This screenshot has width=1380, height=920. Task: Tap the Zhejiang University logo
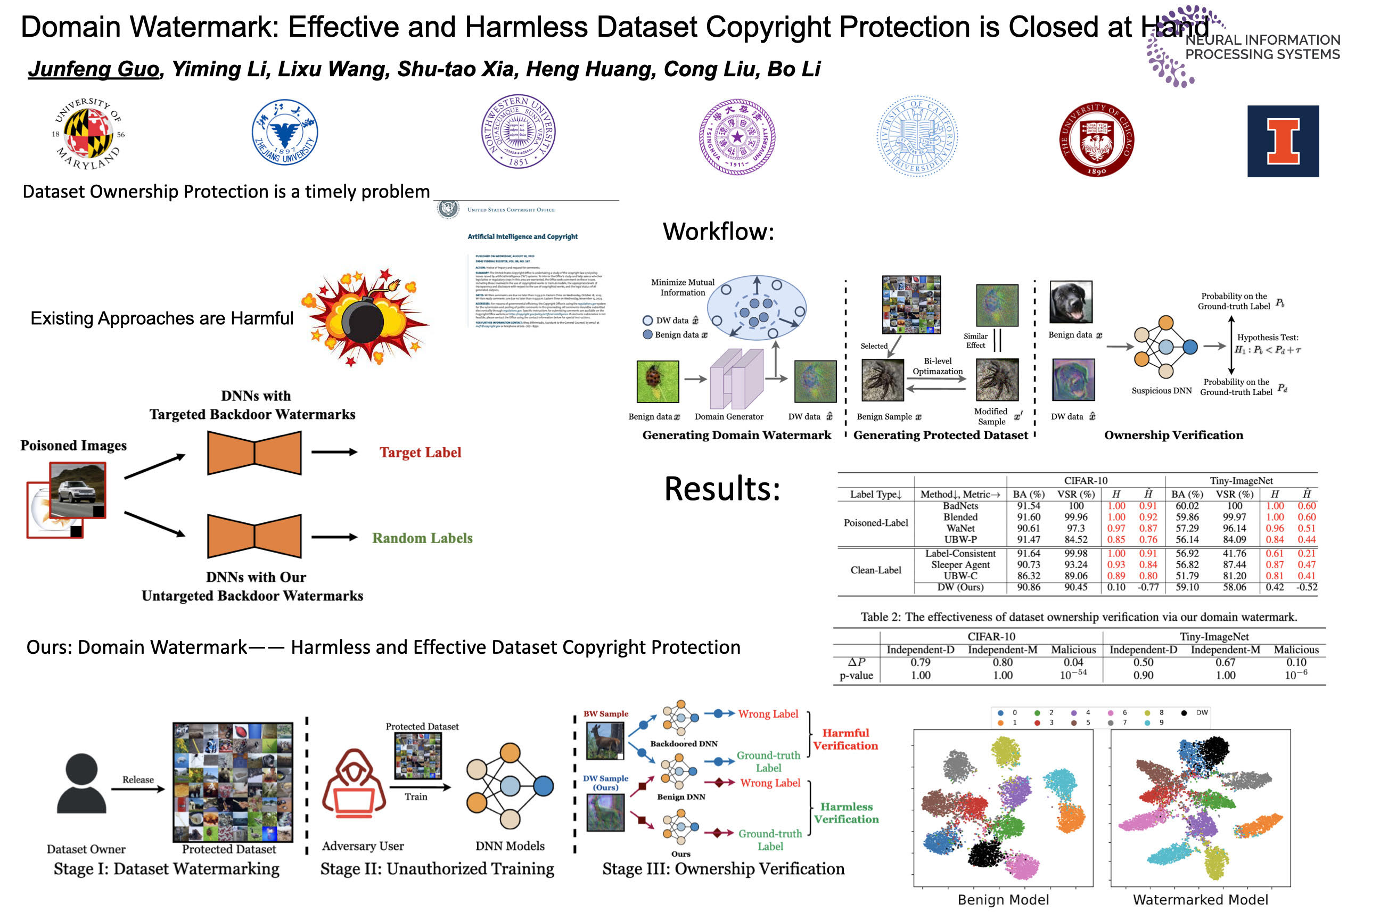click(284, 133)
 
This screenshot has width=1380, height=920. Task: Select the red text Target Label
click(420, 453)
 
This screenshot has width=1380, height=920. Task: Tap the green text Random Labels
click(422, 538)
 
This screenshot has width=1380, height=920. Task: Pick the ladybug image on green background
click(658, 381)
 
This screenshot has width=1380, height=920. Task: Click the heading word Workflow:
click(718, 232)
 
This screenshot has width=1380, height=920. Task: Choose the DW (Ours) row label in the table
click(960, 587)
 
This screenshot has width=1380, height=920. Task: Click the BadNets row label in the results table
click(960, 506)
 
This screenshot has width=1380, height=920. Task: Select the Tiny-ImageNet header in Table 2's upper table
click(1241, 481)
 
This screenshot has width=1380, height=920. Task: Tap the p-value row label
click(856, 675)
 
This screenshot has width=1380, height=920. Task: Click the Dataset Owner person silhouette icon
click(81, 783)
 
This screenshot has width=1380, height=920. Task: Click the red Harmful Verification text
click(845, 740)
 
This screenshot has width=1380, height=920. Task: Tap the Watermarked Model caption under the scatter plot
click(1200, 899)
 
